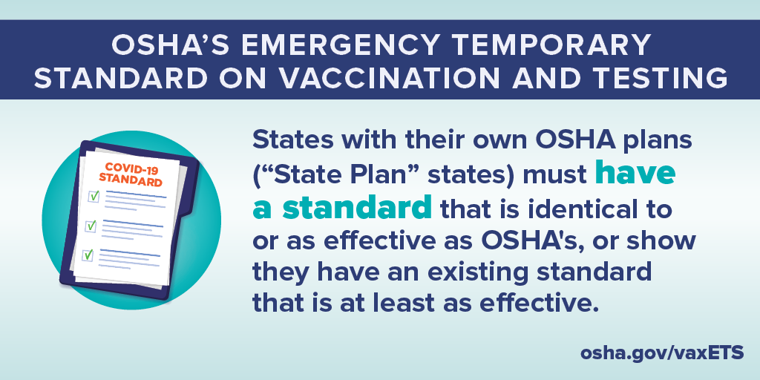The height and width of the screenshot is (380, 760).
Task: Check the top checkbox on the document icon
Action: (94, 196)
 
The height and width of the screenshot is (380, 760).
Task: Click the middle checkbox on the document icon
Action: (91, 225)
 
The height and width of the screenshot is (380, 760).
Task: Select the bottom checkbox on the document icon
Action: (88, 255)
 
